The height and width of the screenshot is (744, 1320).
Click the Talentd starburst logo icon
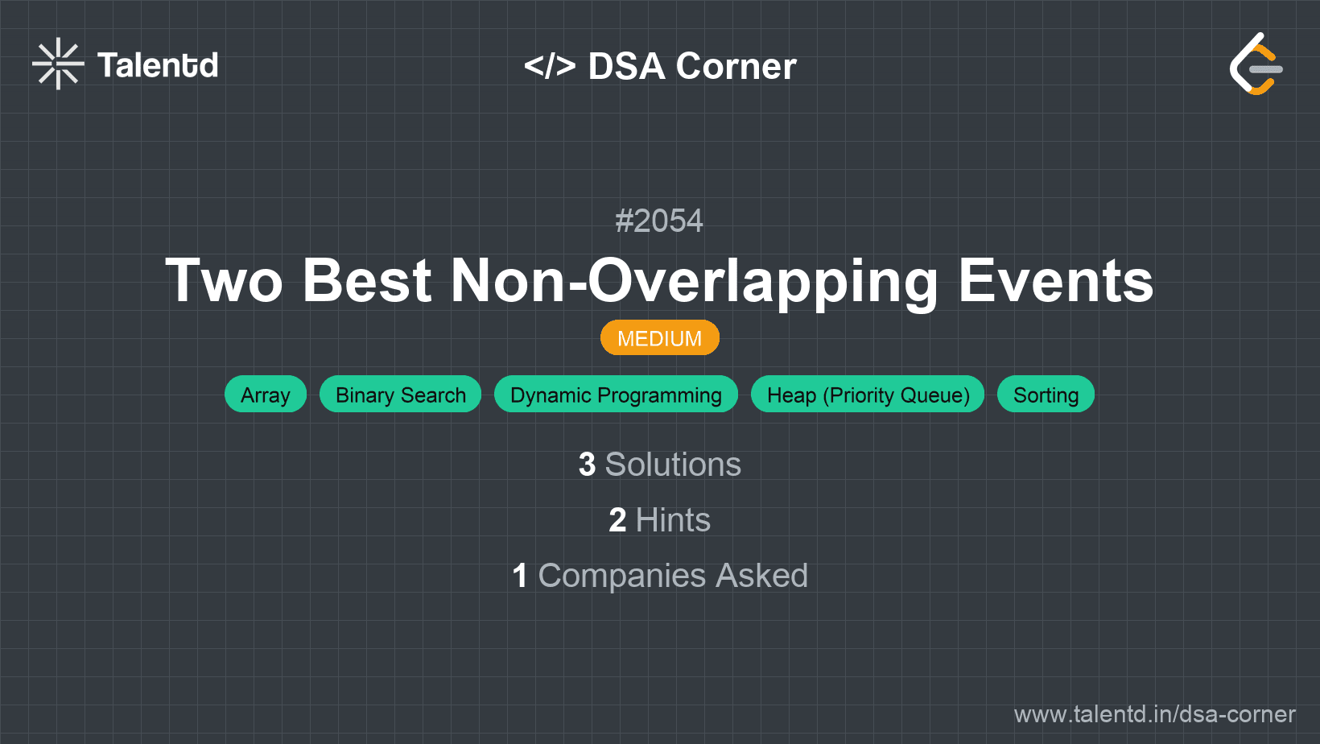pyautogui.click(x=58, y=64)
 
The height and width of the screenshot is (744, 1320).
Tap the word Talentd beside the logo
pyautogui.click(x=158, y=65)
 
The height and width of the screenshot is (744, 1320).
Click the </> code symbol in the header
pyautogui.click(x=549, y=65)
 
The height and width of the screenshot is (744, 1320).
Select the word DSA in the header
pyautogui.click(x=626, y=65)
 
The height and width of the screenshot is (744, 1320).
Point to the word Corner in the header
pyautogui.click(x=736, y=65)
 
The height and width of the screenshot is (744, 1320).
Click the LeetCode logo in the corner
pyautogui.click(x=1256, y=64)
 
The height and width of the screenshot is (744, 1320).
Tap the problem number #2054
pyautogui.click(x=659, y=221)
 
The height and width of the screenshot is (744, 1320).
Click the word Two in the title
pyautogui.click(x=224, y=281)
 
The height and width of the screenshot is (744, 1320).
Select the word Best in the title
pyautogui.click(x=366, y=281)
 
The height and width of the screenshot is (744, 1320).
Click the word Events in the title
pyautogui.click(x=1055, y=281)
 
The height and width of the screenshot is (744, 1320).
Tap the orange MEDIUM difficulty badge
pyautogui.click(x=660, y=338)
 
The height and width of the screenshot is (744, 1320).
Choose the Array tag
pyautogui.click(x=266, y=394)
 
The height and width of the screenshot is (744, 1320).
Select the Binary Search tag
pyautogui.click(x=401, y=394)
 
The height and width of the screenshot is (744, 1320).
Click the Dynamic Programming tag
pyautogui.click(x=616, y=394)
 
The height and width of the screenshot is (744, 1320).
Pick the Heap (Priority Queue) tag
pyautogui.click(x=868, y=394)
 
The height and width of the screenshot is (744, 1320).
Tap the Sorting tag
pyautogui.click(x=1046, y=394)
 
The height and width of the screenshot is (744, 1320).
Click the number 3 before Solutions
pyautogui.click(x=587, y=465)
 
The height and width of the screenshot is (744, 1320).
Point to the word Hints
pyautogui.click(x=673, y=520)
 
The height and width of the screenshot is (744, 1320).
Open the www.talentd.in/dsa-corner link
pyautogui.click(x=1154, y=714)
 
